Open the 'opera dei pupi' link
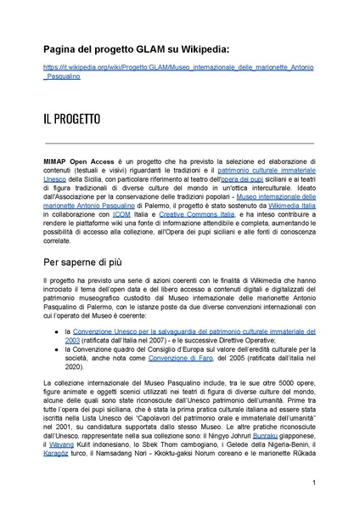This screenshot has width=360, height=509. pos(242,179)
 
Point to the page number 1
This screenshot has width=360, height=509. pos(314,483)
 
